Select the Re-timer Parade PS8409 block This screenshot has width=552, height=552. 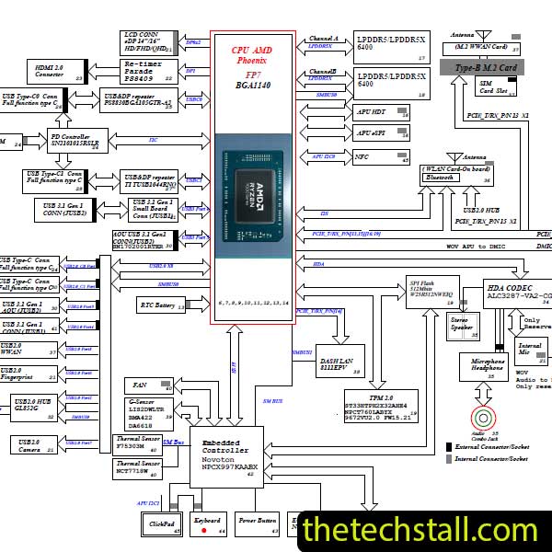click(147, 70)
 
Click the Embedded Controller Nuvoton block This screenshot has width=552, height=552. click(226, 455)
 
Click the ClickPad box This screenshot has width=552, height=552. click(164, 524)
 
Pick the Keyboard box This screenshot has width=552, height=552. click(210, 524)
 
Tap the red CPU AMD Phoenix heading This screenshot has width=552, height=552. click(252, 54)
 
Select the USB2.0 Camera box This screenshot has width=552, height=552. click(36, 444)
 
